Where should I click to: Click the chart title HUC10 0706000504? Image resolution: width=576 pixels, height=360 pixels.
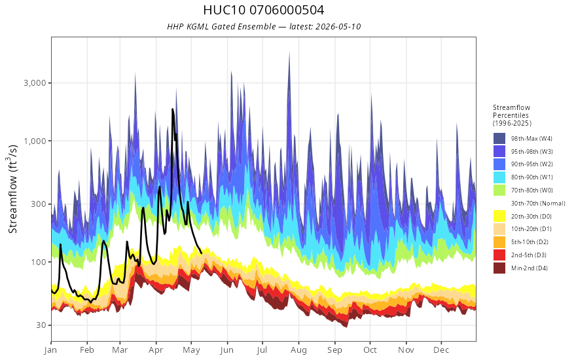(x=263, y=10)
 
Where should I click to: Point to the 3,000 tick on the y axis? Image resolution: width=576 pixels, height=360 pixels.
(x=35, y=83)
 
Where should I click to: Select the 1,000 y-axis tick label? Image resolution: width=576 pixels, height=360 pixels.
(x=35, y=141)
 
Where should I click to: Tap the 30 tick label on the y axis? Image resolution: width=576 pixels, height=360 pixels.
(x=41, y=325)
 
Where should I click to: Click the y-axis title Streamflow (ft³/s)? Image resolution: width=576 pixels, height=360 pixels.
(x=13, y=189)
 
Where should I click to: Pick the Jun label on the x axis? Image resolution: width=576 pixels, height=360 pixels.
(x=227, y=350)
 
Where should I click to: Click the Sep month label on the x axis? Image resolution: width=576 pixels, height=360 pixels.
(x=334, y=350)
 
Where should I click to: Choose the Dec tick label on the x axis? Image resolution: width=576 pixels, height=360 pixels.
(x=441, y=350)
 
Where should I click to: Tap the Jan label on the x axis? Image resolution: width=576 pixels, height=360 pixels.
(x=51, y=350)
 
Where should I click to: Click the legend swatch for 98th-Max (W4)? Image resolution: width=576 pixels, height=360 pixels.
(x=499, y=139)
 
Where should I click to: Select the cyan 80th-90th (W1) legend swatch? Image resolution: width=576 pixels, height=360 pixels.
(x=499, y=177)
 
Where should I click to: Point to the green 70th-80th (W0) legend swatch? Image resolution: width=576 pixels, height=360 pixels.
(x=499, y=190)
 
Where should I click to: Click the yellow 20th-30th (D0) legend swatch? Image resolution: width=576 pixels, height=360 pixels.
(x=499, y=216)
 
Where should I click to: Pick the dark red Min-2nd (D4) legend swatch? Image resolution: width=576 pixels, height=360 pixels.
(x=499, y=268)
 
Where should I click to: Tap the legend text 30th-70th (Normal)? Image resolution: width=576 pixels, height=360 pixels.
(x=538, y=203)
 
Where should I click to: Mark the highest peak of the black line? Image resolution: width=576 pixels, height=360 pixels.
(x=172, y=109)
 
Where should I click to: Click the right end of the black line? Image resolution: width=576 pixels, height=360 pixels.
(x=202, y=253)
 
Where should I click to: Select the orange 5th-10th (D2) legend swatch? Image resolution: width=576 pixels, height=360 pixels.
(x=499, y=242)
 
